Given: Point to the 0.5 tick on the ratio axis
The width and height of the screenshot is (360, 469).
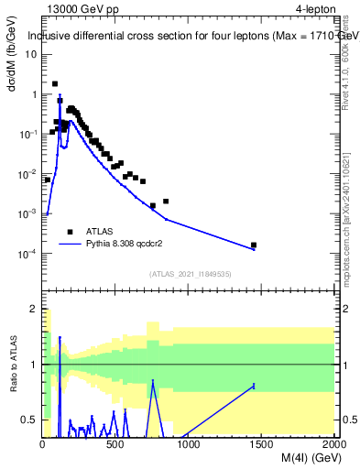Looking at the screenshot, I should coord(31,420).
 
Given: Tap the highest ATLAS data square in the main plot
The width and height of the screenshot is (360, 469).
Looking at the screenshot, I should coord(55,83).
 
